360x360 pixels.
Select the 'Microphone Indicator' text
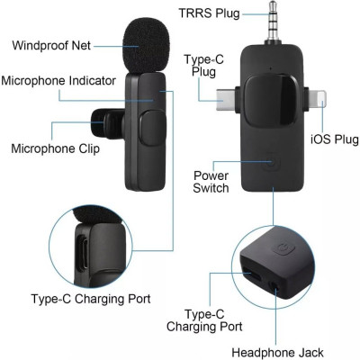(x=58, y=80)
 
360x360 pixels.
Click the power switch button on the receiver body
(x=274, y=166)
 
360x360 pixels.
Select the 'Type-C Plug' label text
(x=202, y=66)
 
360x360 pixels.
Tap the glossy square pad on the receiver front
(x=270, y=99)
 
